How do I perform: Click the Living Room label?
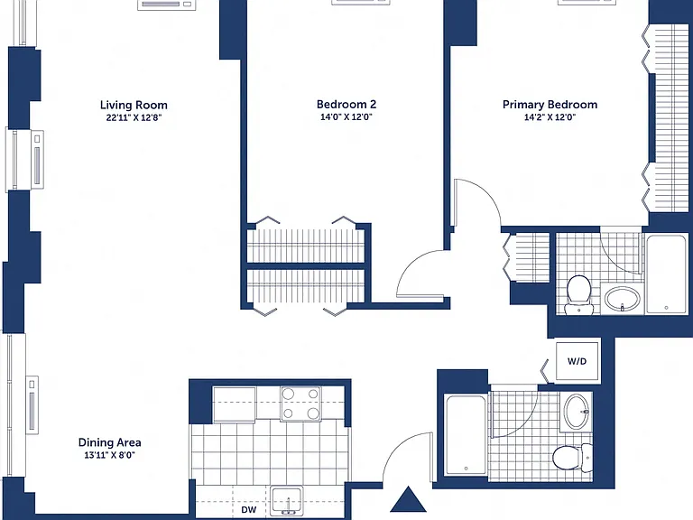coord(134,106)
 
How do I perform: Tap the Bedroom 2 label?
coord(346,105)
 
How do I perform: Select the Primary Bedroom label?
coord(550,105)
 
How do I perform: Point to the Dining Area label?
coord(109,442)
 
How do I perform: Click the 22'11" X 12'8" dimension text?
coord(134,118)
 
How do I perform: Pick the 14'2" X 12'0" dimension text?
coord(550,117)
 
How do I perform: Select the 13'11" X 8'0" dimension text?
coord(109,455)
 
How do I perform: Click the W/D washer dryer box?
coord(577,361)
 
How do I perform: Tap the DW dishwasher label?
coord(249,510)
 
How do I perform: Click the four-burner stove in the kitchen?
coord(301,404)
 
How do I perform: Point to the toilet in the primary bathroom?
coord(578,294)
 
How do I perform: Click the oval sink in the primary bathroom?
coord(623,299)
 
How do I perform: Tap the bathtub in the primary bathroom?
coord(666,274)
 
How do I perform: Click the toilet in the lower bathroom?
coord(573,457)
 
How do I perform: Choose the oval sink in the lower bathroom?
coord(577,412)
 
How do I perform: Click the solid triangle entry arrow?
coord(409,499)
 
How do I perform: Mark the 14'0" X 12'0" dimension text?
coord(346,117)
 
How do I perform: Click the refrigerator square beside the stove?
coord(235,404)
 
